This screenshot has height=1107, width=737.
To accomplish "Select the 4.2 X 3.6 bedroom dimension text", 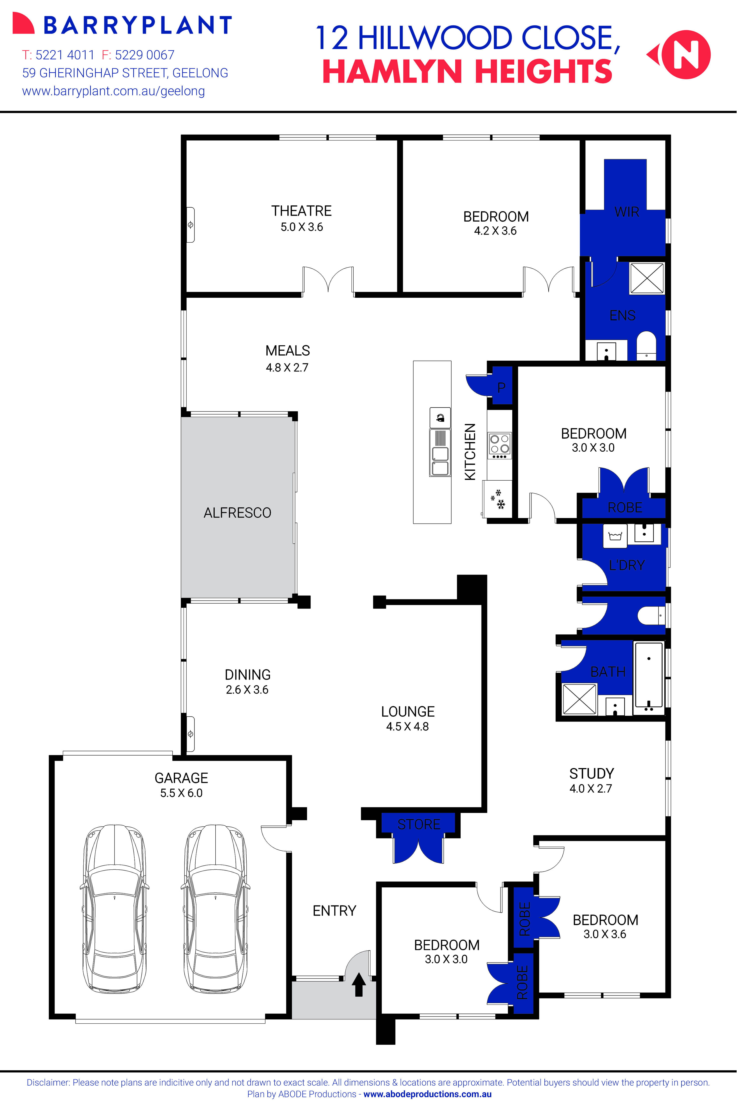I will tap(495, 231).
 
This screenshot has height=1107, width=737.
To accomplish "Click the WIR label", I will tap(626, 212).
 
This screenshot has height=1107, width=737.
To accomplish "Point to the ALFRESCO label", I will tap(237, 513).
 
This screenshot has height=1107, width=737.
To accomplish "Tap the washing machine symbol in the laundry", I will tap(615, 536).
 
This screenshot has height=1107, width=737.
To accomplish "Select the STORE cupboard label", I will tap(419, 824).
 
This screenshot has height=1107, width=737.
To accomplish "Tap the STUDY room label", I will tap(591, 774).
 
